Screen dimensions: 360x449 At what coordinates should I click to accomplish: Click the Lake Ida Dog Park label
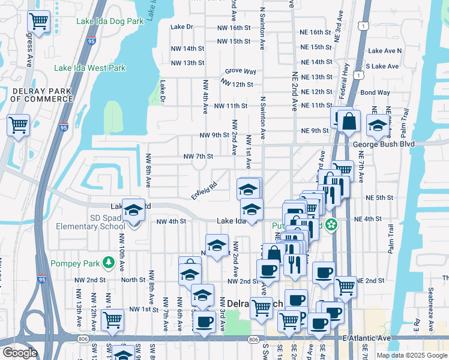tap(110, 21)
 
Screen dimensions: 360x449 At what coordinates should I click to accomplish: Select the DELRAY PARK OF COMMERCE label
tap(41, 95)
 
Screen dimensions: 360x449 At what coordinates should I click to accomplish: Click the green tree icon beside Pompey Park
tap(108, 262)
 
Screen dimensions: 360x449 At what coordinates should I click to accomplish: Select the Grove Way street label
tap(241, 71)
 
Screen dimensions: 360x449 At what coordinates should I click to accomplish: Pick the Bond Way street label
tap(375, 92)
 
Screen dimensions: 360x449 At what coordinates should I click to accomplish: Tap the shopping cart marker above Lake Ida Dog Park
tap(38, 22)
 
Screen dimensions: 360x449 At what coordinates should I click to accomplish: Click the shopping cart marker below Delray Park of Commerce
tap(18, 125)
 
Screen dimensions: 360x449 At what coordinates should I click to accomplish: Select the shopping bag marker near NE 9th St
tap(348, 121)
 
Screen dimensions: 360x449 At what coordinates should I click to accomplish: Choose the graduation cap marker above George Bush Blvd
tap(377, 125)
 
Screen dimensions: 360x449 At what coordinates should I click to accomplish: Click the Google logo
tap(20, 353)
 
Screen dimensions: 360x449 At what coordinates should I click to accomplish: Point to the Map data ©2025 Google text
tap(412, 355)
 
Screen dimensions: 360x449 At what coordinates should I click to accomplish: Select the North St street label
tap(134, 280)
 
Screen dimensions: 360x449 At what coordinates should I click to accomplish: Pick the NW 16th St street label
tap(234, 28)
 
